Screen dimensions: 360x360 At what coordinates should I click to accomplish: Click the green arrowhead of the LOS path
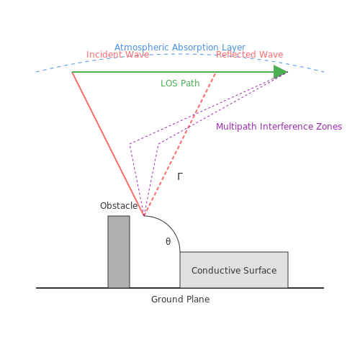pos(280,72)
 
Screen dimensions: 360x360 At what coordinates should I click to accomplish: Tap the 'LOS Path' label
pos(180,84)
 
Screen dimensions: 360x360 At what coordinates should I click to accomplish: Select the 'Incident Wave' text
pos(117,55)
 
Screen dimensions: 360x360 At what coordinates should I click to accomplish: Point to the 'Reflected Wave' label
pos(250,55)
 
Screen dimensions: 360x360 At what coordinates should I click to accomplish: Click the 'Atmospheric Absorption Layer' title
pos(180,48)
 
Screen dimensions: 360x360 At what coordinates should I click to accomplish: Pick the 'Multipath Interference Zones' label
pos(279,127)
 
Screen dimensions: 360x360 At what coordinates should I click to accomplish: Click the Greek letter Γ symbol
pos(180,176)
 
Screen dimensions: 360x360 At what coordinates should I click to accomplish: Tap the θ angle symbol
pos(168,241)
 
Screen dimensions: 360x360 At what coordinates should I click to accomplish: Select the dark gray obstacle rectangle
pos(119,252)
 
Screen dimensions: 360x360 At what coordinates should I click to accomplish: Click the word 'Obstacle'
pos(119,206)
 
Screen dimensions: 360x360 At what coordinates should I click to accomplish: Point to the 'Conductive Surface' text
pos(234,271)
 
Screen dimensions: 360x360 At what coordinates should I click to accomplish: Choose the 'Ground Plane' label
pos(180,300)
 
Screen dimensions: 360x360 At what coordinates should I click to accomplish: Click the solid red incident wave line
pos(108,144)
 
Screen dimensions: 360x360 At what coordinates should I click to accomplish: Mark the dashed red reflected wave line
pos(180,145)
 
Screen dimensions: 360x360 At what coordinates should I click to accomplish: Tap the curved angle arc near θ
pos(169,227)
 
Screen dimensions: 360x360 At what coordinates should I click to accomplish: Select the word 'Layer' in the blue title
pos(233,48)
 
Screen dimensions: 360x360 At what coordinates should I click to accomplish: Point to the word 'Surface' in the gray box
pos(260,271)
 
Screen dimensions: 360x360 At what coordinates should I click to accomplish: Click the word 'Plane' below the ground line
pos(198,300)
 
